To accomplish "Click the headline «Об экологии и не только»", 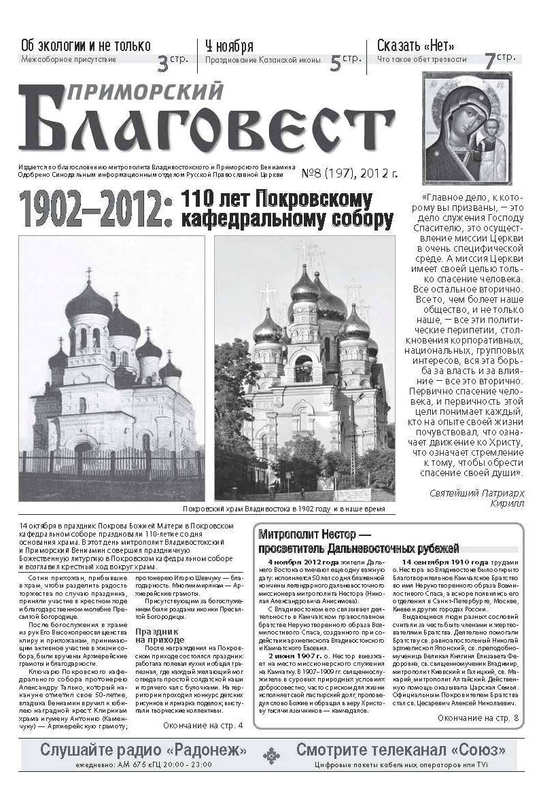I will pos(86,46).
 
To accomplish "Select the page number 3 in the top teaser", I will pos(163,65).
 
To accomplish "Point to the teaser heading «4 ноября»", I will pos(229,46).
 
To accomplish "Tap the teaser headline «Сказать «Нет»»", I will pos(415,46).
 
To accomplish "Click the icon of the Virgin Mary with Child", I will pos(467,128).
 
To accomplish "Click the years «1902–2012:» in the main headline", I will pos(91,210).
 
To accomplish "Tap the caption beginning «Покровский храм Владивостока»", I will pos(284,509).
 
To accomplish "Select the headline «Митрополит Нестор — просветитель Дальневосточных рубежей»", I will pos(359,541).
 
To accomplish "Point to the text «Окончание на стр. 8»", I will pos(478,718).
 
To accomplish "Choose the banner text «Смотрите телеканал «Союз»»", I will pos(400,751).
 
